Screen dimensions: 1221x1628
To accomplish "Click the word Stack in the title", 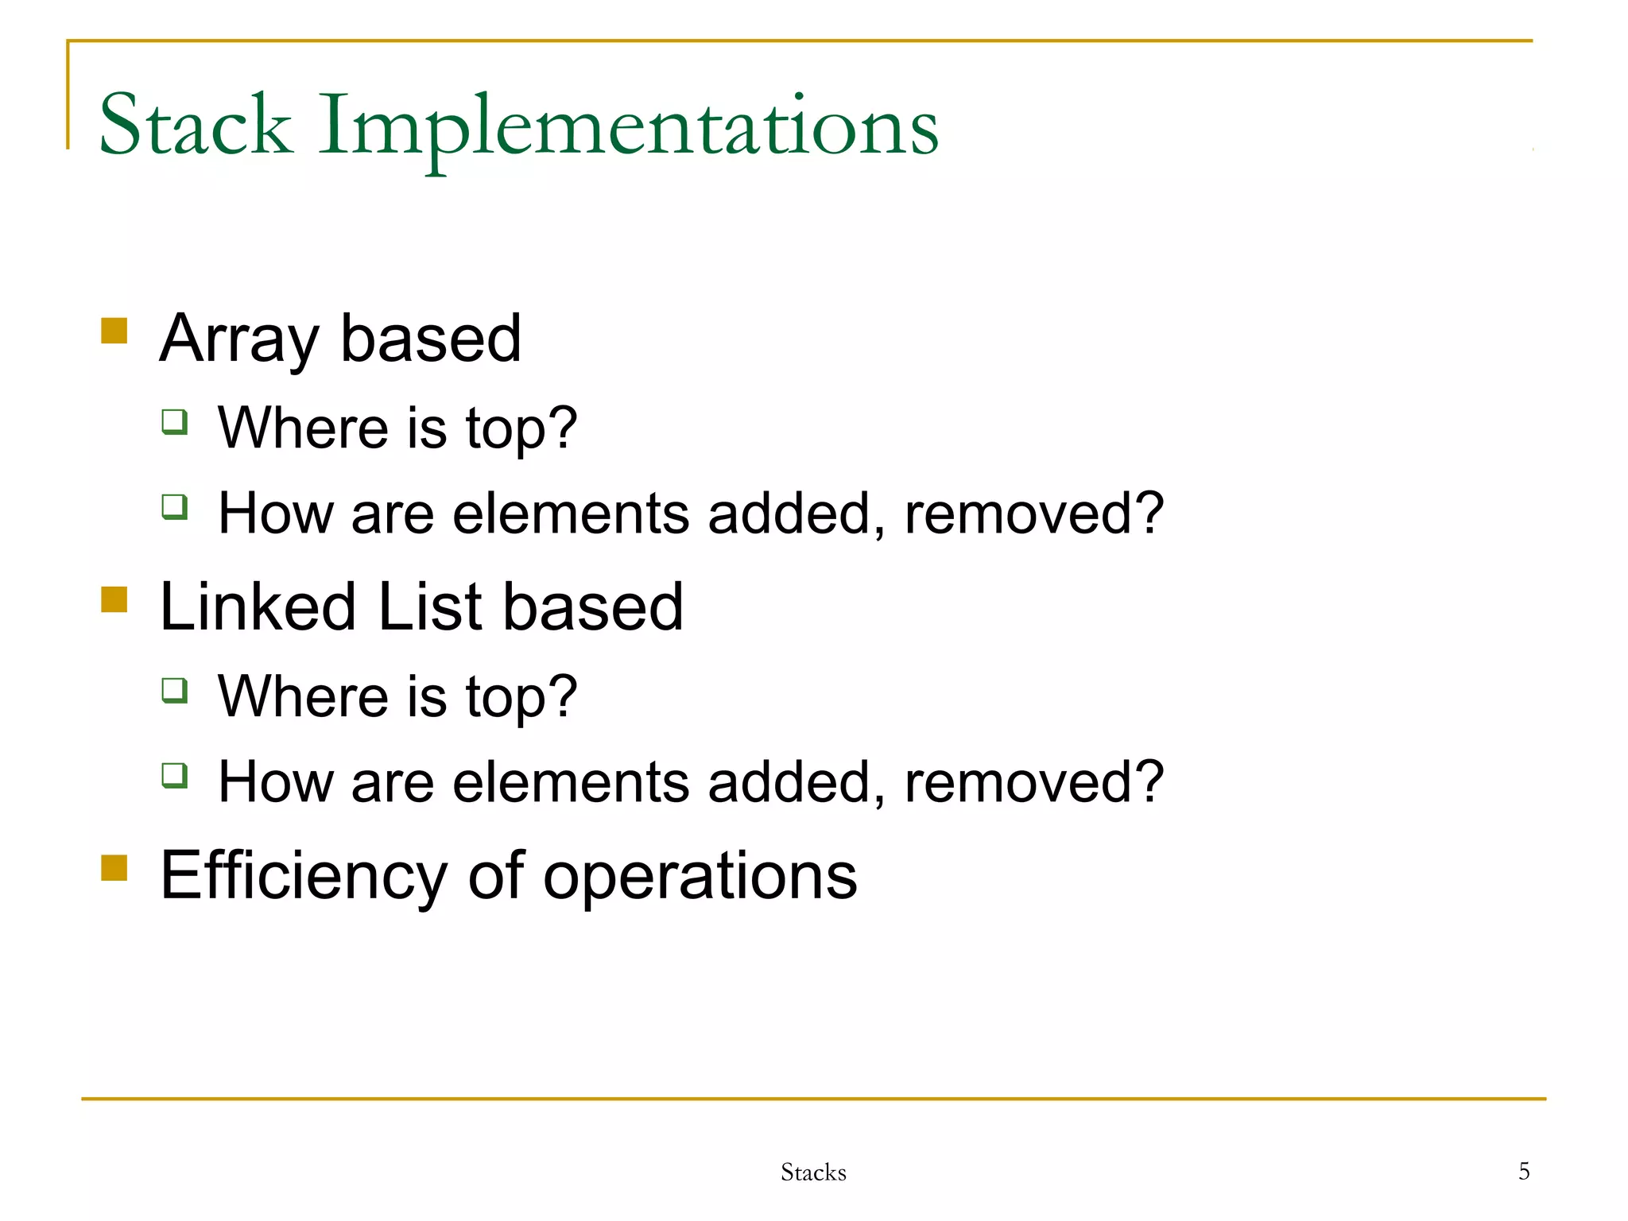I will coord(195,125).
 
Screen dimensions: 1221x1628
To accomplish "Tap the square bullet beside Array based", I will coord(114,331).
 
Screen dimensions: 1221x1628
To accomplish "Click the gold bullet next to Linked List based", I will coord(114,599).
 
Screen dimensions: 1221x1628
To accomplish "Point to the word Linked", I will coord(258,607).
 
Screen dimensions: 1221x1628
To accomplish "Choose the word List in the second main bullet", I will coord(429,607).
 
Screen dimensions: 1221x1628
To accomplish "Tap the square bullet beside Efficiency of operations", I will coord(114,868).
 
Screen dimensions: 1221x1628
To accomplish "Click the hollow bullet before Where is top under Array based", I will coord(174,421).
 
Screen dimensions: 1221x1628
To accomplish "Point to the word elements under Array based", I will coord(571,514).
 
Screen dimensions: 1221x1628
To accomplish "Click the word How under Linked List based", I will coord(275,782).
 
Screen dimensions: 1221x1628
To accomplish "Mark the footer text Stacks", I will coord(813,1173).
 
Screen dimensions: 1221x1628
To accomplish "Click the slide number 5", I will coord(1524,1171).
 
